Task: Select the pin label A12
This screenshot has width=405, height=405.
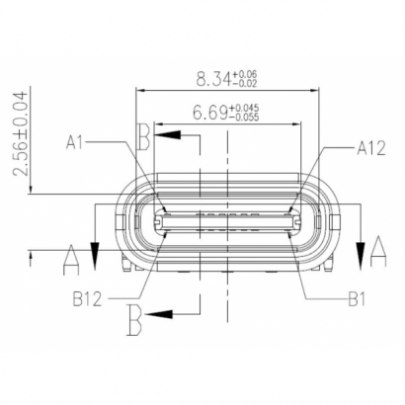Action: [x=370, y=149]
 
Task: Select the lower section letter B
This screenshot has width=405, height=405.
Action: [x=138, y=318]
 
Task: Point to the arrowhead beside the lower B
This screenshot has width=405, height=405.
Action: [x=169, y=314]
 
